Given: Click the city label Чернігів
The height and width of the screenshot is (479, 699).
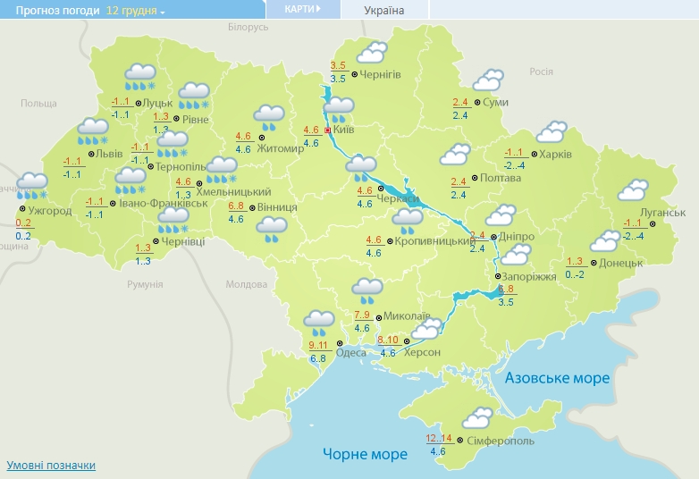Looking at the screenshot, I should click(381, 75).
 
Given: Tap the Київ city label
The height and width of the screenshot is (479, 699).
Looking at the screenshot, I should click(344, 130).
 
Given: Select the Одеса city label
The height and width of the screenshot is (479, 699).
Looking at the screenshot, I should click(350, 352).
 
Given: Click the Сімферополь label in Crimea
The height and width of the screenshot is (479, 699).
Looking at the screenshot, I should click(501, 441).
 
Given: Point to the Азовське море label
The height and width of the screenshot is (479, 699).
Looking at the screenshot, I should click(557, 378).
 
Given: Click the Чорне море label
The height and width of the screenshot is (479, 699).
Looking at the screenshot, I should click(365, 454).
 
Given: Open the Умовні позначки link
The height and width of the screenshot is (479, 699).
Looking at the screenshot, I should click(51, 466).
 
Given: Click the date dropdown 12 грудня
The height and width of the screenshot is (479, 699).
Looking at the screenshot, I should click(135, 11).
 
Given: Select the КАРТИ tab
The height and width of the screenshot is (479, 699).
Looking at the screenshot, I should click(302, 9).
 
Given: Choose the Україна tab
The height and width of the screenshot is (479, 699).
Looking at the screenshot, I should click(384, 11).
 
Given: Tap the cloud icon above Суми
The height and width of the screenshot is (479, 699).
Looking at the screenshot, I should click(488, 80).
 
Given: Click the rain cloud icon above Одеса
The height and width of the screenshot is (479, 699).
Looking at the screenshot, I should click(319, 320).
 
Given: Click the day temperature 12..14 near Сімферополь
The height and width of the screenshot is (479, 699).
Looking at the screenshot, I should click(439, 438).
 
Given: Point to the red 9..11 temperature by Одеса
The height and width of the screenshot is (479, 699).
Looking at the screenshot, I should click(318, 345).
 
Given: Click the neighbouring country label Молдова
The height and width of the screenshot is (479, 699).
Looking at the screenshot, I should click(247, 284).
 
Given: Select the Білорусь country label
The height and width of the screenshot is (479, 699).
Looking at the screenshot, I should click(248, 28).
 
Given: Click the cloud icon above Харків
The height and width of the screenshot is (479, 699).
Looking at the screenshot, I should click(550, 133).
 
